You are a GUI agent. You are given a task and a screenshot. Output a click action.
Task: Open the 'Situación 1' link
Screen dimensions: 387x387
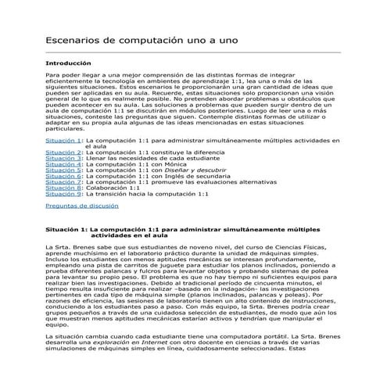[x=63, y=140]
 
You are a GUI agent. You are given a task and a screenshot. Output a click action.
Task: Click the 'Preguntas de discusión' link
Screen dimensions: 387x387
[x=82, y=206]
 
